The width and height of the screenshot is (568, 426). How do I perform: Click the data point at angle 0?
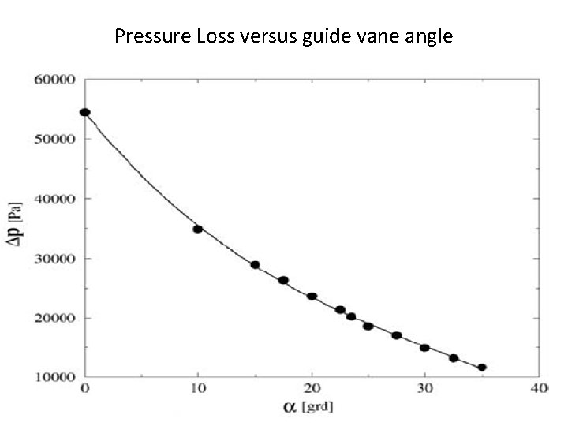tap(85, 112)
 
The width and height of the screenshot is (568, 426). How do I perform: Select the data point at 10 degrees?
tap(198, 229)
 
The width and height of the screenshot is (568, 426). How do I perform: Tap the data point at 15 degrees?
tap(255, 265)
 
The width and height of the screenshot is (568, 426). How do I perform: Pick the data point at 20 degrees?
tap(312, 297)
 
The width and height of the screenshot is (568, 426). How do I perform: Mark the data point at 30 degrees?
tap(424, 348)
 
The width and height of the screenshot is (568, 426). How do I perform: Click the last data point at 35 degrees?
tap(482, 367)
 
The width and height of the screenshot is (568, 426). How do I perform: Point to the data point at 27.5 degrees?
tap(397, 335)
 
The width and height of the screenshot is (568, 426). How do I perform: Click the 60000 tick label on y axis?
tap(54, 80)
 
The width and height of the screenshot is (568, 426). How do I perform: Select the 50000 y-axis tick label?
tap(54, 139)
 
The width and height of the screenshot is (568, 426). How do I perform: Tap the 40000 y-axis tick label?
tap(54, 199)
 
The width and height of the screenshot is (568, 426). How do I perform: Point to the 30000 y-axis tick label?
tap(54, 259)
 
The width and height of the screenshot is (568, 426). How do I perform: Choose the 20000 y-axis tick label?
tap(54, 318)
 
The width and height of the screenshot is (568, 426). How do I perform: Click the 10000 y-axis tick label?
tap(54, 378)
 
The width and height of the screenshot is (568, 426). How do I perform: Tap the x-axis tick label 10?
tap(198, 389)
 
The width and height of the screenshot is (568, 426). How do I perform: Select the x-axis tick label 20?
tap(312, 389)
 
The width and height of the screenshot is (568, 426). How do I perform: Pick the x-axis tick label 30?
tap(424, 389)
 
